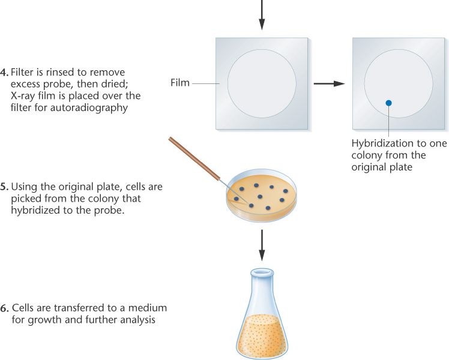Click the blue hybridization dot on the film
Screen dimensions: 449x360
(388, 103)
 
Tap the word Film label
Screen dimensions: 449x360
(180, 83)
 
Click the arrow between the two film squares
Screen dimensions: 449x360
(330, 83)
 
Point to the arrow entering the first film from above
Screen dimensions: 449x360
(262, 15)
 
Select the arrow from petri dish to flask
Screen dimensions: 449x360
(262, 245)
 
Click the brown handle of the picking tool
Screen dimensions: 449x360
(194, 158)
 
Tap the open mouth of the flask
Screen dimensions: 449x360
(262, 271)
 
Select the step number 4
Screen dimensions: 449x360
(4, 72)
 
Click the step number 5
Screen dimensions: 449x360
(4, 187)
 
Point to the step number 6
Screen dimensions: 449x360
(5, 308)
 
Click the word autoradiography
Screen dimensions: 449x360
(89, 108)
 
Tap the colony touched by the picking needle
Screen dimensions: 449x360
(251, 205)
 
